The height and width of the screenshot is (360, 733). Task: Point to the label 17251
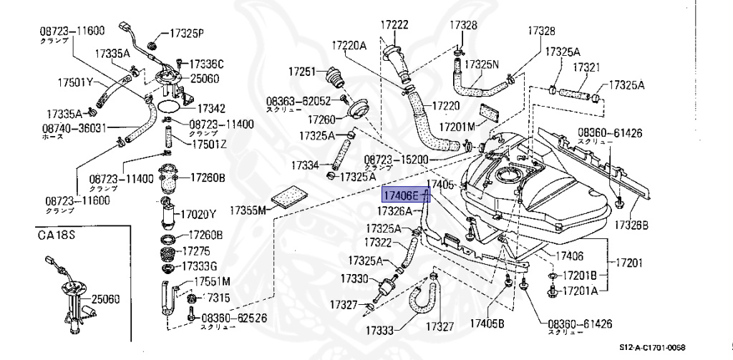click(x=302, y=72)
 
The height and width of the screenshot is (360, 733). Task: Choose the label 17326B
click(x=631, y=225)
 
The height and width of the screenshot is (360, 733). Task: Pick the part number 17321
click(x=585, y=67)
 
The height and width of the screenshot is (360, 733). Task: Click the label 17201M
click(x=457, y=127)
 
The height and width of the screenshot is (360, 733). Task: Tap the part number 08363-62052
click(x=298, y=101)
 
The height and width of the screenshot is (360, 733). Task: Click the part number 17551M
click(x=205, y=281)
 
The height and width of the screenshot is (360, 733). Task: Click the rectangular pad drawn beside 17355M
click(x=289, y=195)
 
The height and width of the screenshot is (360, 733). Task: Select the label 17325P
click(x=187, y=33)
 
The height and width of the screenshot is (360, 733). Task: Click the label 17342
click(x=212, y=109)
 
